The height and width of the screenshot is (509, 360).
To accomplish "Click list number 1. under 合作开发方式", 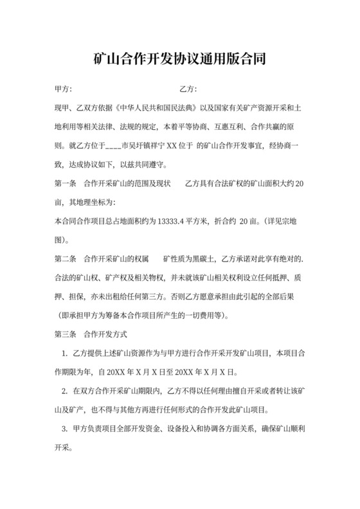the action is (x=64, y=353).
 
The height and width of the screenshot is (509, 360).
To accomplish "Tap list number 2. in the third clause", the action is (x=64, y=391).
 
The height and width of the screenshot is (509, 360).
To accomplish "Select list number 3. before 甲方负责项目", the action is (x=64, y=429).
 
